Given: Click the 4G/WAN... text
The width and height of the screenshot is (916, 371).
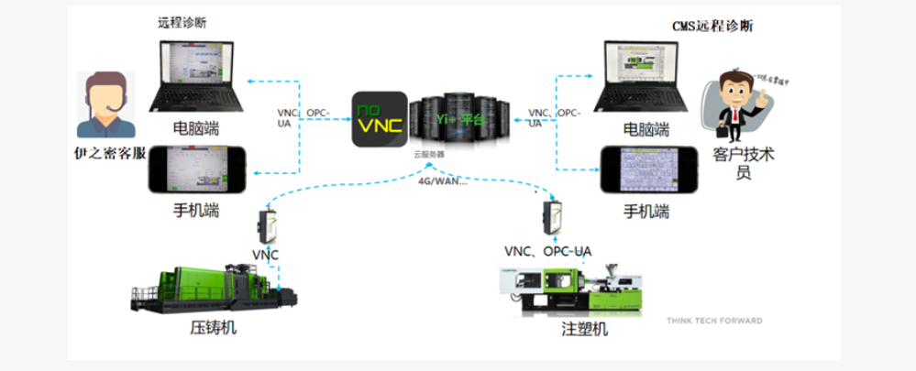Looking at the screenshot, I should pyautogui.click(x=443, y=180).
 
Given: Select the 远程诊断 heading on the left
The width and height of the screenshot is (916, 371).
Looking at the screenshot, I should pyautogui.click(x=182, y=22).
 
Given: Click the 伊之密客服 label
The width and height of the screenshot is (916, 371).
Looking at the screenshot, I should pyautogui.click(x=111, y=153).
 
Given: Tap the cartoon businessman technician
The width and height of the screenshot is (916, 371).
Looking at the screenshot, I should pyautogui.click(x=734, y=106).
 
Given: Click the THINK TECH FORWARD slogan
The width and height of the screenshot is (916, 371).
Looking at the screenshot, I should pyautogui.click(x=714, y=321).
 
